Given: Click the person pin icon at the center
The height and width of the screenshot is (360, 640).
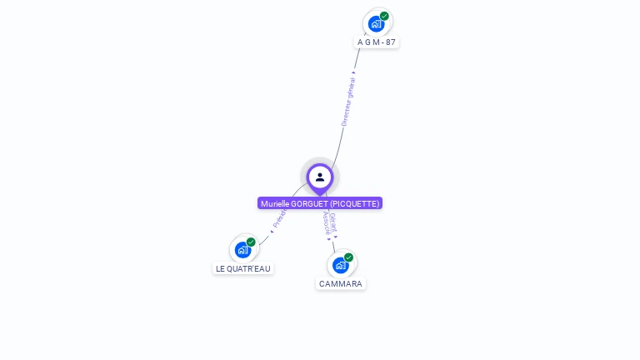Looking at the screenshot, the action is [x=320, y=177].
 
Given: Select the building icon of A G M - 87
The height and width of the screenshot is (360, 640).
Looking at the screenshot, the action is [x=376, y=24].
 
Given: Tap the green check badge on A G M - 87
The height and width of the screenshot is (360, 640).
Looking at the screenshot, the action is [x=384, y=16].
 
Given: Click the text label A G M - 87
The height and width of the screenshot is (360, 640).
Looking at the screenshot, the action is [x=377, y=42].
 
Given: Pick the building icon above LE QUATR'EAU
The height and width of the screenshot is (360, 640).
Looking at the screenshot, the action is [x=242, y=250].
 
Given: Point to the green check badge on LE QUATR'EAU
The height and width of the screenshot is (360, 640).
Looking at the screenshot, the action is [x=251, y=242].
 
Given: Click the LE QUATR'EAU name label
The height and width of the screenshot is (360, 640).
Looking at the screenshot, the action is [x=243, y=268].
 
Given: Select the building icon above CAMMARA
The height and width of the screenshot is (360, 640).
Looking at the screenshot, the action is [x=340, y=266].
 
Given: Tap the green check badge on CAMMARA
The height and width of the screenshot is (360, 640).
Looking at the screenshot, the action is [x=348, y=257].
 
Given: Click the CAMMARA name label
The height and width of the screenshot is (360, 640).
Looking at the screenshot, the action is [x=341, y=283].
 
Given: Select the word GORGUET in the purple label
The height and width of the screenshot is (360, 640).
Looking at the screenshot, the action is [x=311, y=203].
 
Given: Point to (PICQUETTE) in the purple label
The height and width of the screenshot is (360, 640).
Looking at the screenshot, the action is [x=355, y=203].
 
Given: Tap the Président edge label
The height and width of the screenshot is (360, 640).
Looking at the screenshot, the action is [x=279, y=219].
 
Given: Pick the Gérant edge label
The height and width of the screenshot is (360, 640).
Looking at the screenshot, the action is [x=333, y=221].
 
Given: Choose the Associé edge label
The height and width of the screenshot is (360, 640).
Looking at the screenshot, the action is [x=326, y=222].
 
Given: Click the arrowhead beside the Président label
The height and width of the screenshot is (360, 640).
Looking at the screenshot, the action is [x=272, y=232].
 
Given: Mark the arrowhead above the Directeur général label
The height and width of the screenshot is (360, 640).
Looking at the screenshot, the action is [x=354, y=72].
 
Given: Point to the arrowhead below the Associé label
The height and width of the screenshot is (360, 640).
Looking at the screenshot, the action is [x=329, y=239].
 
